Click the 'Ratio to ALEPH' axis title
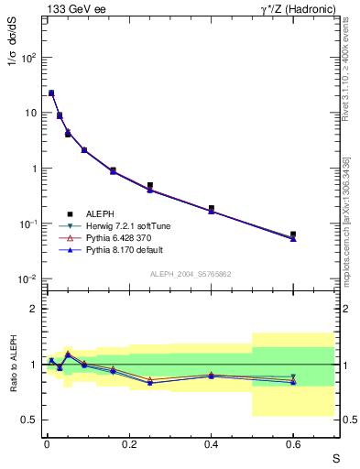click(x=13, y=364)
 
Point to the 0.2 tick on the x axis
click(x=128, y=444)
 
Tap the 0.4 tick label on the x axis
click(x=211, y=444)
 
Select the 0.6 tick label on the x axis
click(x=293, y=444)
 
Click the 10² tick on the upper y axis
click(x=30, y=57)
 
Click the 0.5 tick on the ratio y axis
click(x=29, y=420)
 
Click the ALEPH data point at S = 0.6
click(x=293, y=234)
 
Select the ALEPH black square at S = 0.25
click(x=149, y=185)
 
